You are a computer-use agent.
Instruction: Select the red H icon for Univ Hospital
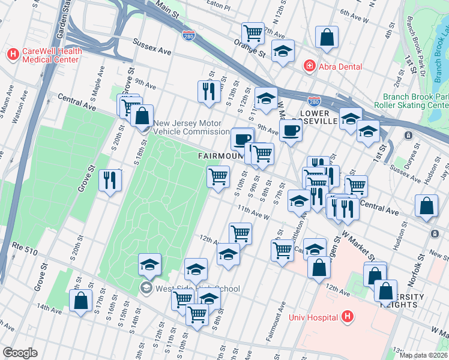coord(346,317)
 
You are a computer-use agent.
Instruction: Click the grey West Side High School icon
coord(146,289)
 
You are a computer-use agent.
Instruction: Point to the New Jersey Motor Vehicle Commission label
coord(191,127)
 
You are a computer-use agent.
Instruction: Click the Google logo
coord(20,353)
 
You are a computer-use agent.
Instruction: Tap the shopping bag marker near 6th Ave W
coord(327,37)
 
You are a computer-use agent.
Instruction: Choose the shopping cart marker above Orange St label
coord(253,32)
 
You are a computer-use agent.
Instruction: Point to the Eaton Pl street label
coord(218,8)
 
